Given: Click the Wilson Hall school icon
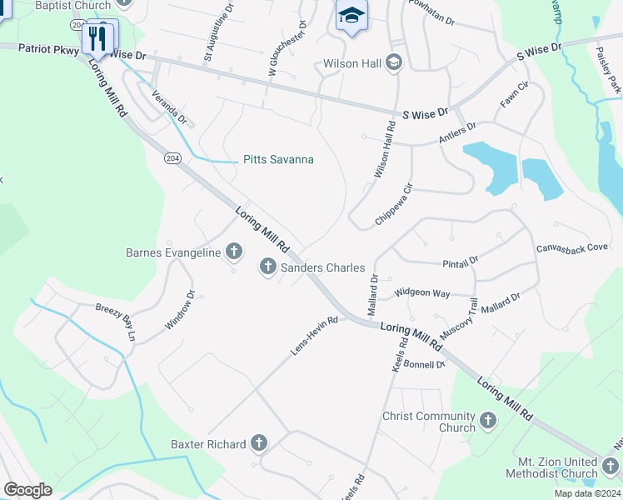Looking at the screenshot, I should click(x=394, y=63).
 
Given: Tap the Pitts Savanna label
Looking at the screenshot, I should click(x=277, y=159).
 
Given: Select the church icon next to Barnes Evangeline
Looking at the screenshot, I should click(x=234, y=252).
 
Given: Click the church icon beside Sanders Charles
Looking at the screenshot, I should click(x=267, y=267).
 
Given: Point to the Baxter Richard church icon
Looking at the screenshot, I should click(x=259, y=444).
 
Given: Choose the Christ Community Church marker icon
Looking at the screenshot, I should click(x=487, y=422).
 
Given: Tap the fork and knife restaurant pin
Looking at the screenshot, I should click(x=97, y=37).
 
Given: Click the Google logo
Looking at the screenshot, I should click(x=27, y=490).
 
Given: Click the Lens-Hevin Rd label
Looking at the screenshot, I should click(x=314, y=337).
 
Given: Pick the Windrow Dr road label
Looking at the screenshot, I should click(x=178, y=310).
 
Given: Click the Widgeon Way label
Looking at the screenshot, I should click(x=422, y=293).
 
